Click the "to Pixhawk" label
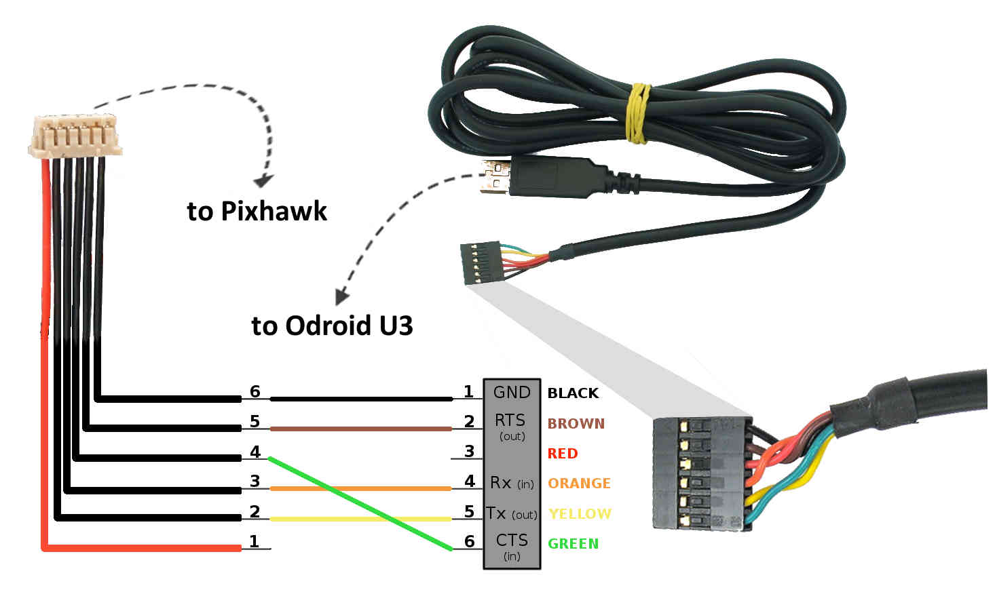pyautogui.click(x=257, y=211)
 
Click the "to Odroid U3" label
pyautogui.click(x=332, y=326)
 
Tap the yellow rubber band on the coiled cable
pyautogui.click(x=637, y=113)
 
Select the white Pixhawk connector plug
pyautogui.click(x=75, y=136)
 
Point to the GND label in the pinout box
pyautogui.click(x=512, y=392)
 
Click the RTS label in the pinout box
pyautogui.click(x=510, y=420)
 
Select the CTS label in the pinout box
pyautogui.click(x=512, y=540)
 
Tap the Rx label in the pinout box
pyautogui.click(x=501, y=482)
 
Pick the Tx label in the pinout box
pyautogui.click(x=496, y=513)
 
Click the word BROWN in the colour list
pyautogui.click(x=576, y=423)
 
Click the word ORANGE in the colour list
pyautogui.click(x=579, y=484)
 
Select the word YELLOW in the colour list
pyautogui.click(x=580, y=513)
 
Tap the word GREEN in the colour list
pyautogui.click(x=573, y=543)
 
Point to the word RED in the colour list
pyautogui.click(x=562, y=453)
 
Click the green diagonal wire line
pyautogui.click(x=360, y=503)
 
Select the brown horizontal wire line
pyautogui.click(x=360, y=429)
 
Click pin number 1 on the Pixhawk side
pyautogui.click(x=254, y=541)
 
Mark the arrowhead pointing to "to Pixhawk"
pyautogui.click(x=263, y=180)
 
